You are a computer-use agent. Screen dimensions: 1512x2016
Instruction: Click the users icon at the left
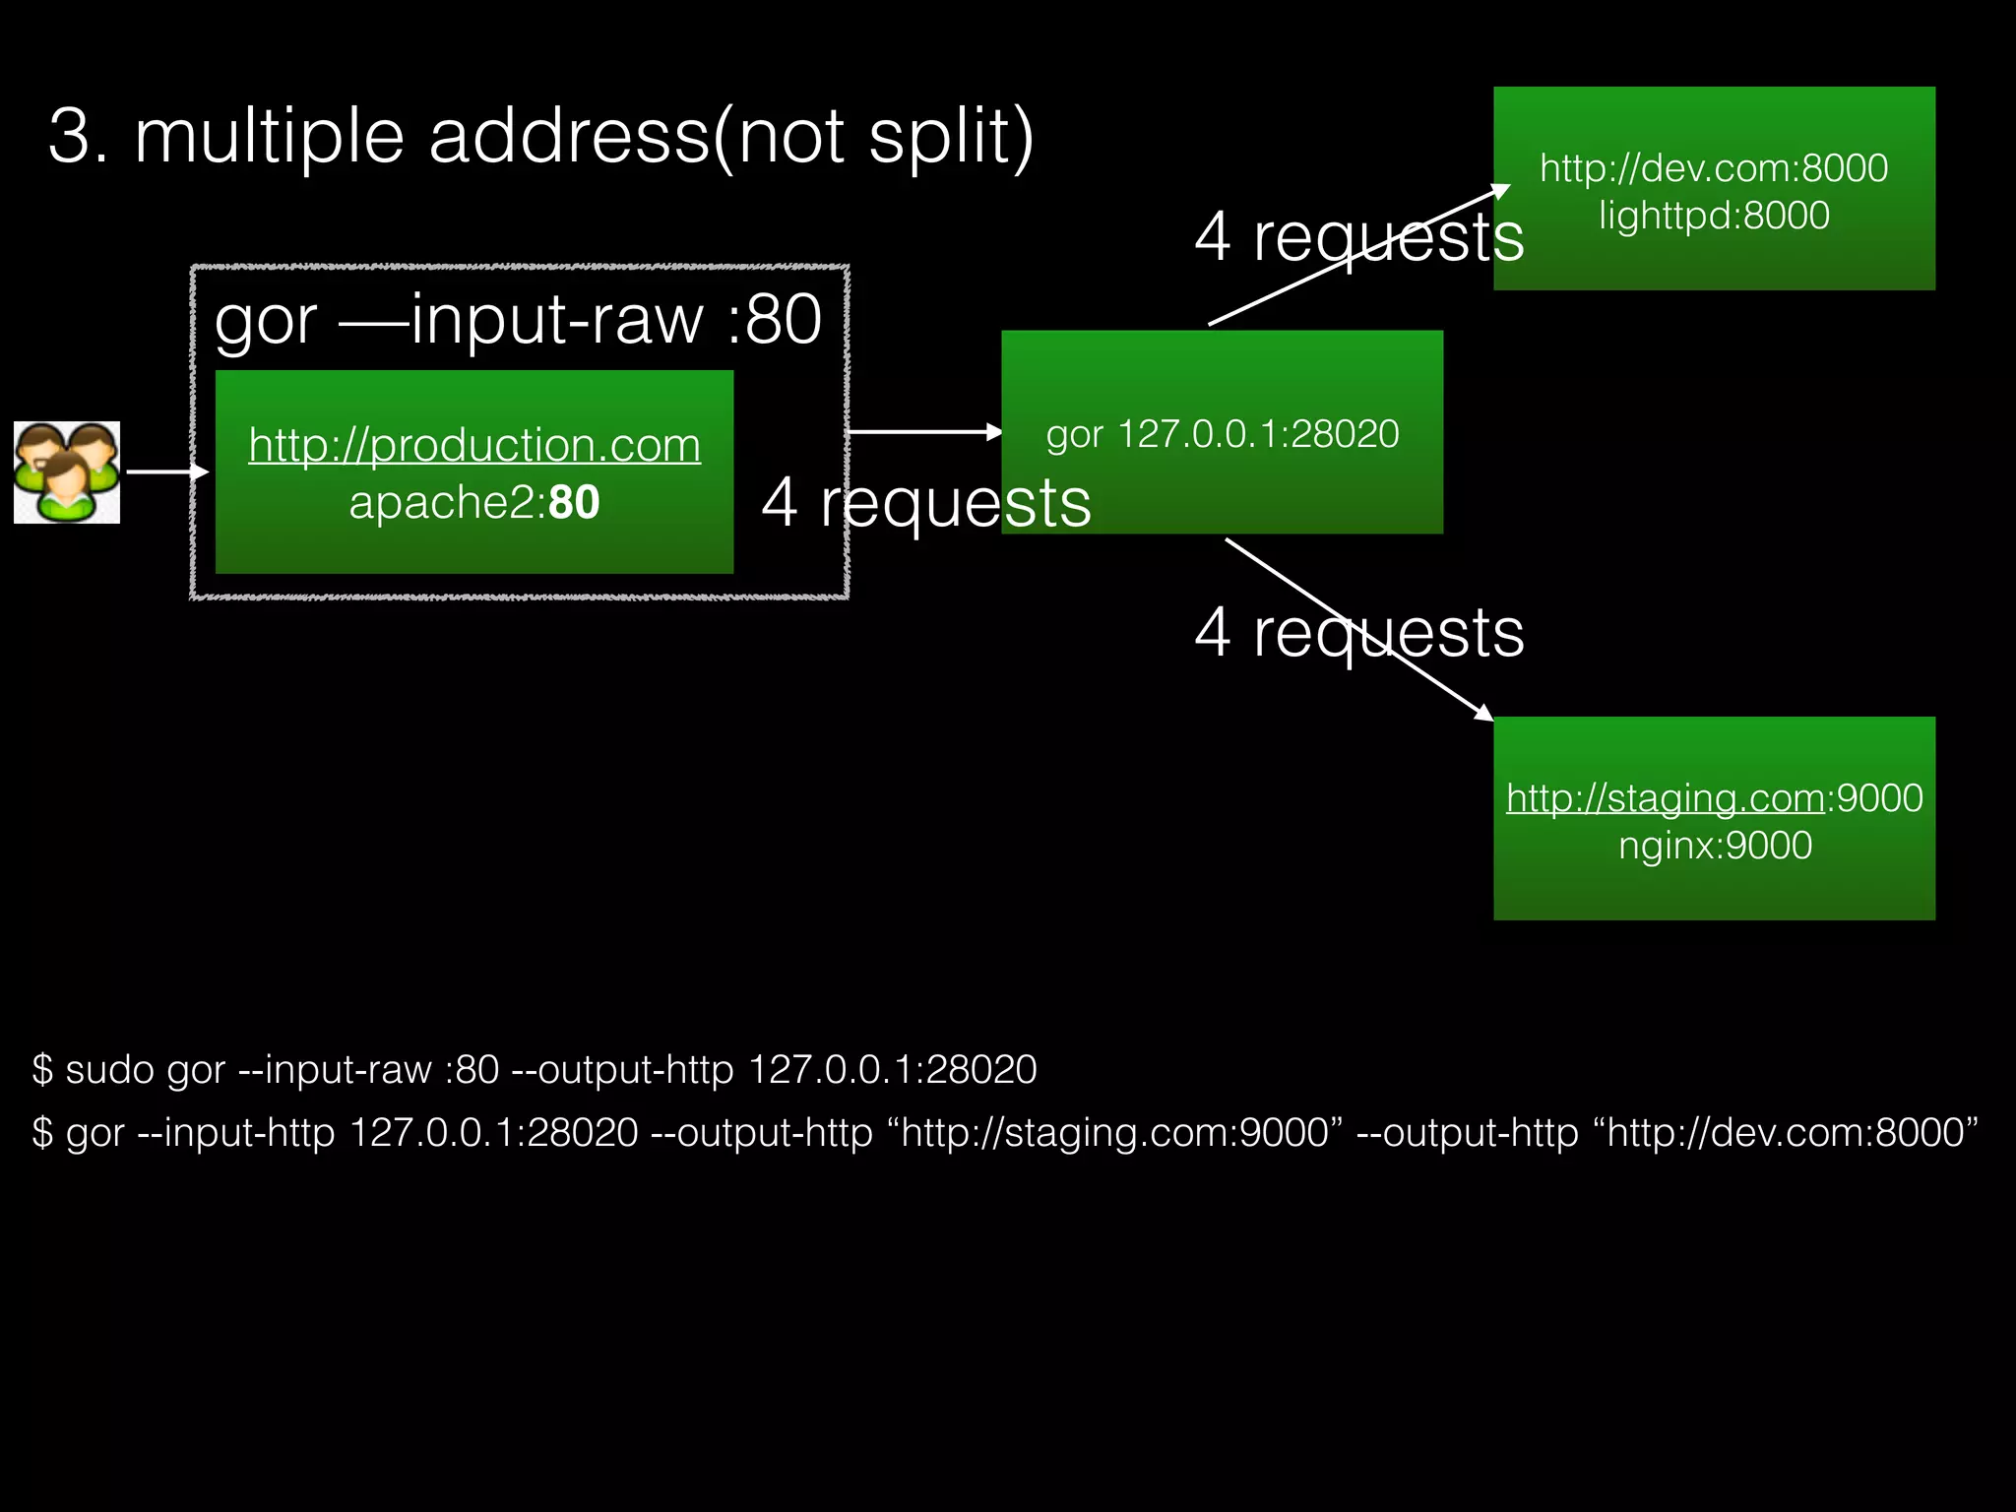pyautogui.click(x=67, y=472)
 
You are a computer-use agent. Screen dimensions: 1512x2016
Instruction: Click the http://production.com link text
pyautogui.click(x=474, y=445)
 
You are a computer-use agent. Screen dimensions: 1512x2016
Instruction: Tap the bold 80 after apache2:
pyautogui.click(x=575, y=503)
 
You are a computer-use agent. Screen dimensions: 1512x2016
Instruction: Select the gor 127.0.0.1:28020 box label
pyautogui.click(x=1222, y=434)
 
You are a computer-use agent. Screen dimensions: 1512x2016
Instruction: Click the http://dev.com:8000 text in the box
pyautogui.click(x=1714, y=168)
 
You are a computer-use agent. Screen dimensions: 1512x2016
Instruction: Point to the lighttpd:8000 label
pyautogui.click(x=1714, y=216)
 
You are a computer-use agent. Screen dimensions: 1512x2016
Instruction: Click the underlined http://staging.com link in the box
pyautogui.click(x=1665, y=798)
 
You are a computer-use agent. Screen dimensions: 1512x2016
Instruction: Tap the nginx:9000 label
pyautogui.click(x=1715, y=846)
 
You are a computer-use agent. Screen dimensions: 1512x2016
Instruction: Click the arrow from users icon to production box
pyautogui.click(x=167, y=472)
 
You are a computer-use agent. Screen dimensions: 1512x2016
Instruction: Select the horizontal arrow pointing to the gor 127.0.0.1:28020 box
pyautogui.click(x=923, y=431)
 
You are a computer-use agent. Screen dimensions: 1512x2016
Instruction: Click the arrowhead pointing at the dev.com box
pyautogui.click(x=1499, y=190)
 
